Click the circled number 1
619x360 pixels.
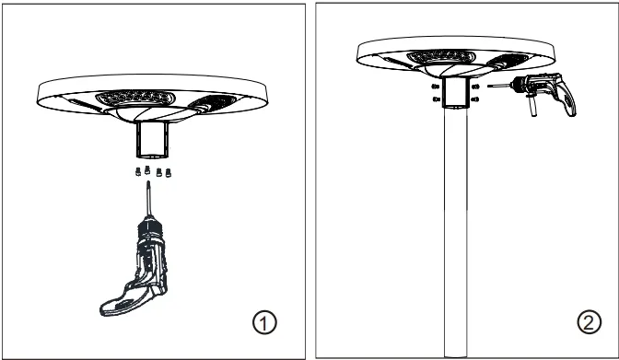click(264, 322)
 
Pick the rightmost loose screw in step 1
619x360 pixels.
click(169, 170)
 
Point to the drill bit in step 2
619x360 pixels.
click(499, 85)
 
